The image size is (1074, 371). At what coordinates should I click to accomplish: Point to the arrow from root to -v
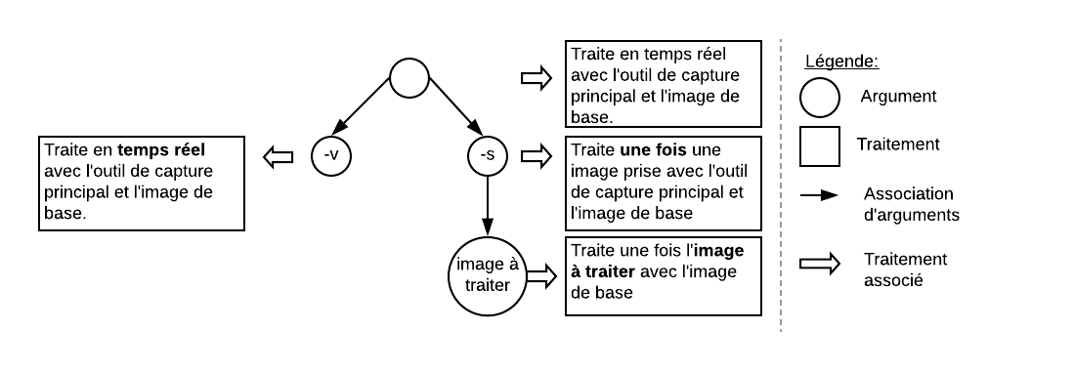point(361,106)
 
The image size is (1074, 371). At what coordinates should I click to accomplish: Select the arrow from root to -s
point(455,105)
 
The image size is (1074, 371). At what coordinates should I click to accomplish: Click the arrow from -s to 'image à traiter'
point(488,206)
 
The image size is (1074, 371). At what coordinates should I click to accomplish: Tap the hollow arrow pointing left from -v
point(279,157)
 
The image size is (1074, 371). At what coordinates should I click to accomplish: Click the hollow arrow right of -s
point(537,156)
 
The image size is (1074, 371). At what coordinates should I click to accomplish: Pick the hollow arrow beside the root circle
point(537,78)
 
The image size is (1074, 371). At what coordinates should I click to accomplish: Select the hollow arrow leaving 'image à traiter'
point(541,276)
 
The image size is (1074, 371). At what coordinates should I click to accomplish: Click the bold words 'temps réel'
point(161,150)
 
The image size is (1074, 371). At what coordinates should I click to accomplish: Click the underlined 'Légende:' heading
point(841,61)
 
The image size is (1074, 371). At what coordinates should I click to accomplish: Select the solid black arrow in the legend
point(819,196)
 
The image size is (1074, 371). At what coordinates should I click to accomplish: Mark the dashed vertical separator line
point(781,185)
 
